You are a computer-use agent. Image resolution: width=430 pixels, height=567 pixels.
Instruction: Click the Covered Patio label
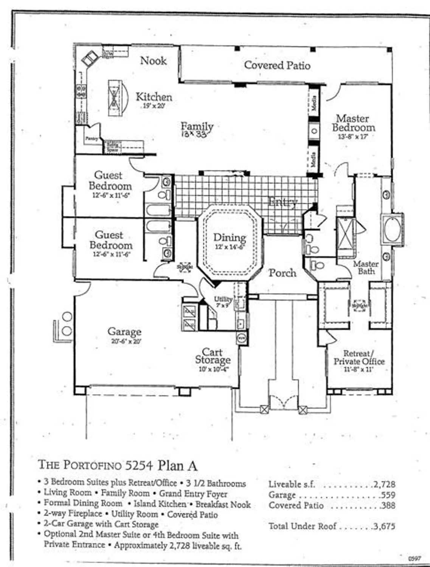[277, 65]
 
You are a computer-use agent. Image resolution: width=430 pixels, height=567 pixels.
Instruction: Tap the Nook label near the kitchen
[153, 60]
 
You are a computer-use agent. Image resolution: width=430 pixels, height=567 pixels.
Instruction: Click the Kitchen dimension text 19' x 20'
[154, 107]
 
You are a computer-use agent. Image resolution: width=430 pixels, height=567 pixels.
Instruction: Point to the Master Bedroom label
[354, 123]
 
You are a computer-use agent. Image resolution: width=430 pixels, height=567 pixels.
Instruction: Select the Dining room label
[230, 238]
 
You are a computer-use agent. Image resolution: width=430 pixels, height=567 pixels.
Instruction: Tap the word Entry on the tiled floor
[283, 202]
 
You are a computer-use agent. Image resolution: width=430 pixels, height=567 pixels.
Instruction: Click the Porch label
[282, 273]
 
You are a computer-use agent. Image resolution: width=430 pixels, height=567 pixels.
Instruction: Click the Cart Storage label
[213, 356]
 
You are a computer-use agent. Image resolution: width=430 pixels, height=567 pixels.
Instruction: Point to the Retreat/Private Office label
[359, 358]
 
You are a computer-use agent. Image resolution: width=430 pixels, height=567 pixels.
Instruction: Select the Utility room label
[223, 299]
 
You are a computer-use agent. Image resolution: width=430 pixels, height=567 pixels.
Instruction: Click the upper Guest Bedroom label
[110, 181]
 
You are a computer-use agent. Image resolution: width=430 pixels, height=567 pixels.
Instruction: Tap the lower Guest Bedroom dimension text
[111, 254]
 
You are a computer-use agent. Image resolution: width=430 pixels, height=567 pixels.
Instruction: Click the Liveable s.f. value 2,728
[384, 484]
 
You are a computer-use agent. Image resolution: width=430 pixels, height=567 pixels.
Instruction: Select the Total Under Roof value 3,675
[384, 526]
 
